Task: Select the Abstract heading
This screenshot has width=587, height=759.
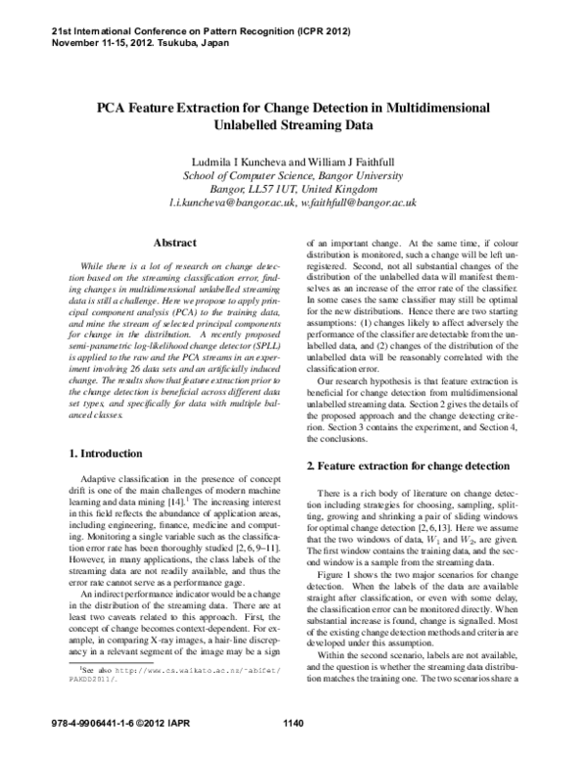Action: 177,242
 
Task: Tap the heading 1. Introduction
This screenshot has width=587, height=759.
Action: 103,453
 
